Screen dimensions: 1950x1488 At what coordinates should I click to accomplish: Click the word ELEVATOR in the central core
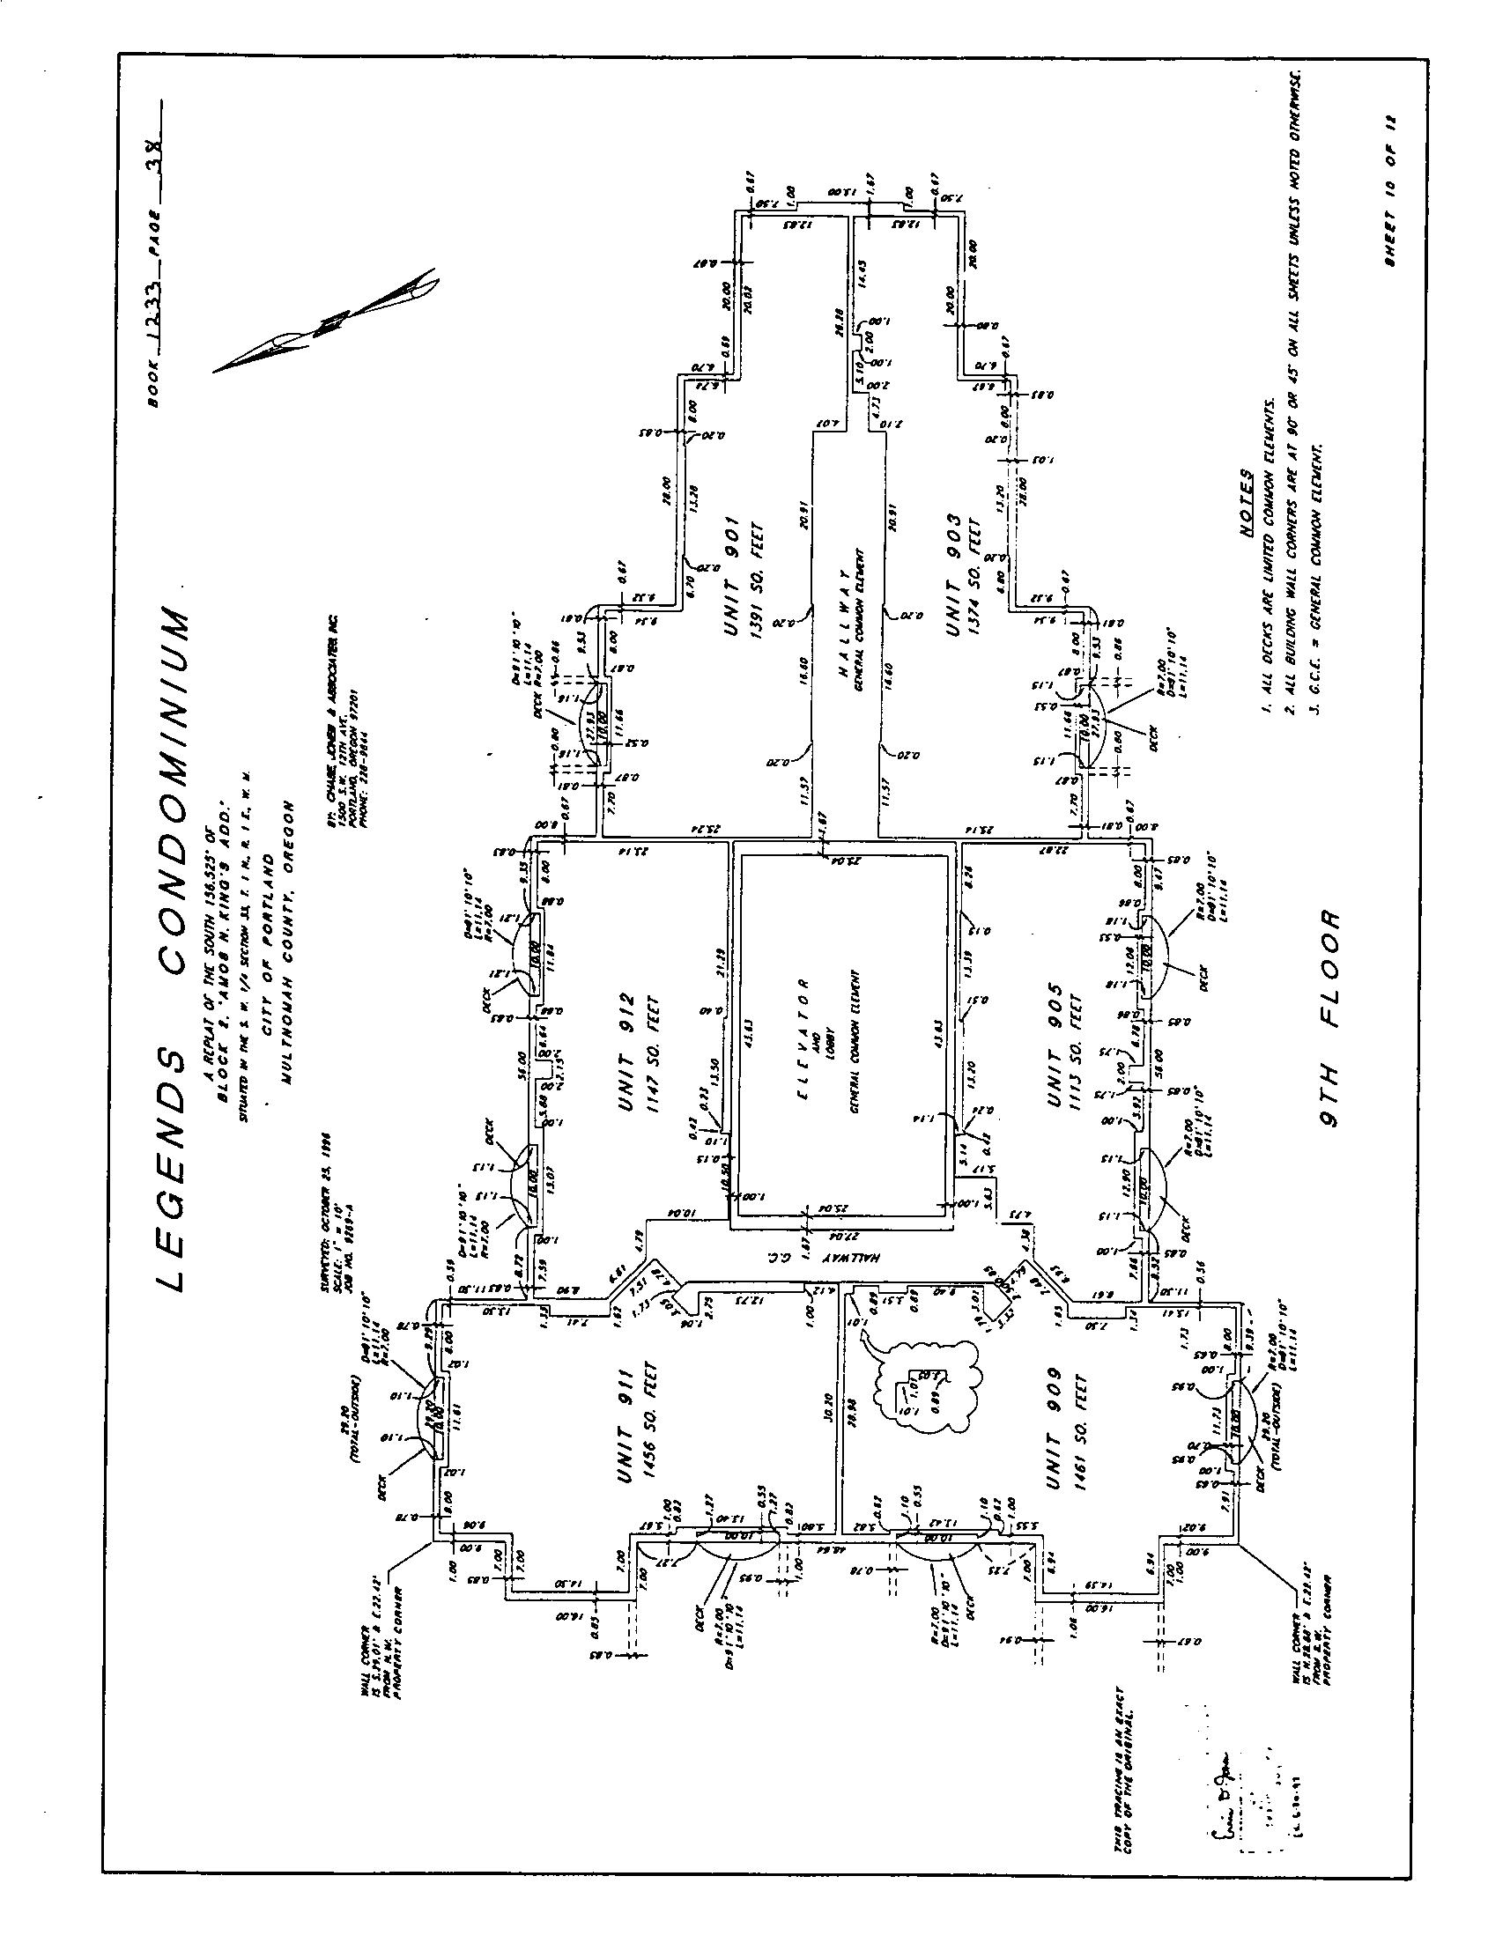[x=803, y=1038]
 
